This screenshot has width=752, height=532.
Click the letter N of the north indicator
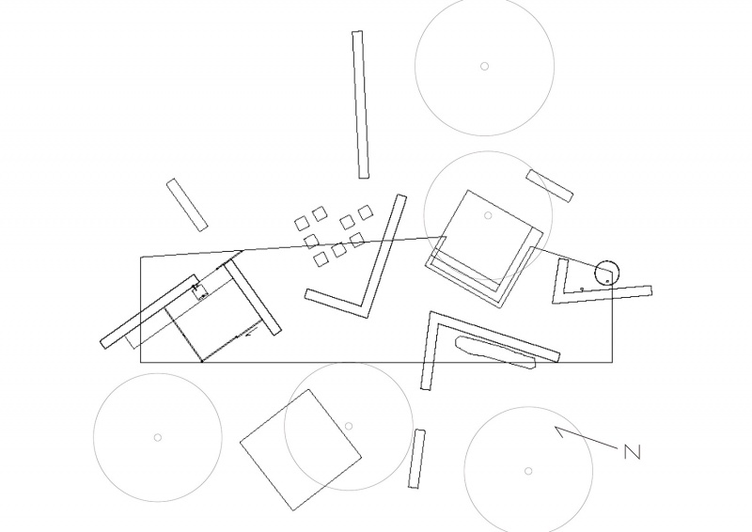pos(632,452)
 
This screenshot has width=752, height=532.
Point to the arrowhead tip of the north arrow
pos(556,427)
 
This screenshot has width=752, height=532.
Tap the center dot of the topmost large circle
pos(484,66)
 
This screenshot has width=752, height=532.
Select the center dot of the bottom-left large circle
pos(157,437)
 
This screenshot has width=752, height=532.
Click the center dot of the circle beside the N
pos(528,471)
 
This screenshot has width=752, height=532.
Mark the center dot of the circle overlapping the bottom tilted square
pos(349,426)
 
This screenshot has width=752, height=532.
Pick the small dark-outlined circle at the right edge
pos(606,273)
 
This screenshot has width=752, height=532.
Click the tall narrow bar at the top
pos(360,104)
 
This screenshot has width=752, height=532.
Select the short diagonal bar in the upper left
pos(187,205)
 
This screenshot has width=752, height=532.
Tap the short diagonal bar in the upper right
pos(550,186)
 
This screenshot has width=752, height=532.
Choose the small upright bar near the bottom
pos(416,459)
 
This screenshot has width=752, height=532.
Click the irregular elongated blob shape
pos(495,352)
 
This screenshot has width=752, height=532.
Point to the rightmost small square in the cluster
pos(366,212)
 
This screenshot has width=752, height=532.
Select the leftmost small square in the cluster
pos(301,224)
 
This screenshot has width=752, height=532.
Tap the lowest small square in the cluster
pos(321,259)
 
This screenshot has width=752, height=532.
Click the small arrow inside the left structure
pos(251,333)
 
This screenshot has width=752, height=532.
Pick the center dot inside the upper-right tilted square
pos(488,215)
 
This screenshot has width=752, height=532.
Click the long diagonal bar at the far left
pos(149,312)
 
